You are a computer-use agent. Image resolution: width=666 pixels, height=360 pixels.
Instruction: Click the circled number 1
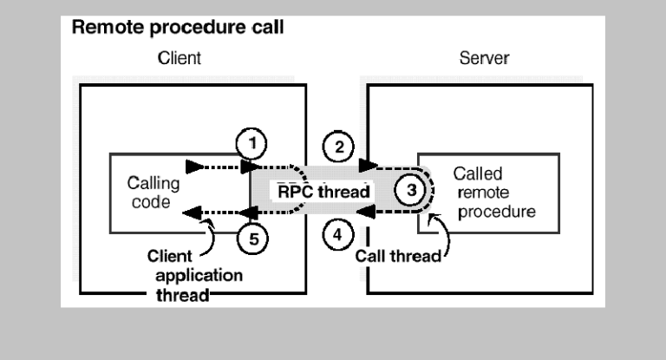pyautogui.click(x=251, y=143)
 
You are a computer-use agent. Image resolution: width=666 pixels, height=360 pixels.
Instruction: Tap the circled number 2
pyautogui.click(x=338, y=147)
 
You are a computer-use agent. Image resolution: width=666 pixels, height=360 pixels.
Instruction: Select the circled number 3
pyautogui.click(x=410, y=190)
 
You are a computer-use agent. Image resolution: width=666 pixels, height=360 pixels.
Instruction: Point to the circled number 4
pyautogui.click(x=338, y=234)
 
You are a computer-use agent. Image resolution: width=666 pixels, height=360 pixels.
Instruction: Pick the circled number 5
pyautogui.click(x=252, y=239)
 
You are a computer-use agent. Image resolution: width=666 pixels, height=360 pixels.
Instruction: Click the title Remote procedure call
pyautogui.click(x=178, y=27)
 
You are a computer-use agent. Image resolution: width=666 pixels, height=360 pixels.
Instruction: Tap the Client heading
pyautogui.click(x=180, y=58)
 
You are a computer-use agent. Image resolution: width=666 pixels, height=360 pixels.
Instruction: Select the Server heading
pyautogui.click(x=484, y=58)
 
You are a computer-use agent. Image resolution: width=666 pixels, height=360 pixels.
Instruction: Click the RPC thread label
pyautogui.click(x=323, y=192)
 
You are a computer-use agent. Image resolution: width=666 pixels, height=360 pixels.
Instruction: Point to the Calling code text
pyautogui.click(x=153, y=192)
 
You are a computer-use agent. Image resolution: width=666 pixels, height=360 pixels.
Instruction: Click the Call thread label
pyautogui.click(x=398, y=256)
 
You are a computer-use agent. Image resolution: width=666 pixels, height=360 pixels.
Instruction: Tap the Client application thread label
pyautogui.click(x=195, y=275)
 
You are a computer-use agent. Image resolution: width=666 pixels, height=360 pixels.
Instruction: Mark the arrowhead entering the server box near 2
pyautogui.click(x=369, y=165)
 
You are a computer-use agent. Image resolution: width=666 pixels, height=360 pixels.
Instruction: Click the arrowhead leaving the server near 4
pyautogui.click(x=365, y=212)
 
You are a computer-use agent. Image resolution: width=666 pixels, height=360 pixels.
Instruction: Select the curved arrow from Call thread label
pyautogui.click(x=444, y=233)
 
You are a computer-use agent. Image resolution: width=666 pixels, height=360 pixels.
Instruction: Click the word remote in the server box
pyautogui.click(x=483, y=193)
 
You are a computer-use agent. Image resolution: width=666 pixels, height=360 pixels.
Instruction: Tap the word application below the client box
pyautogui.click(x=199, y=276)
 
